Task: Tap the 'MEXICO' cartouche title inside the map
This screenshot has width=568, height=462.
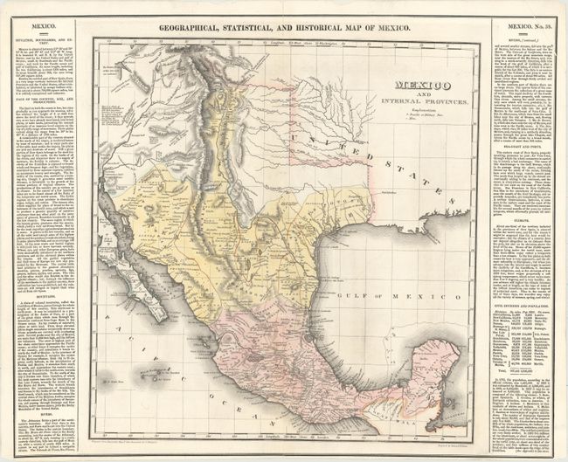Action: [x=418, y=85]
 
